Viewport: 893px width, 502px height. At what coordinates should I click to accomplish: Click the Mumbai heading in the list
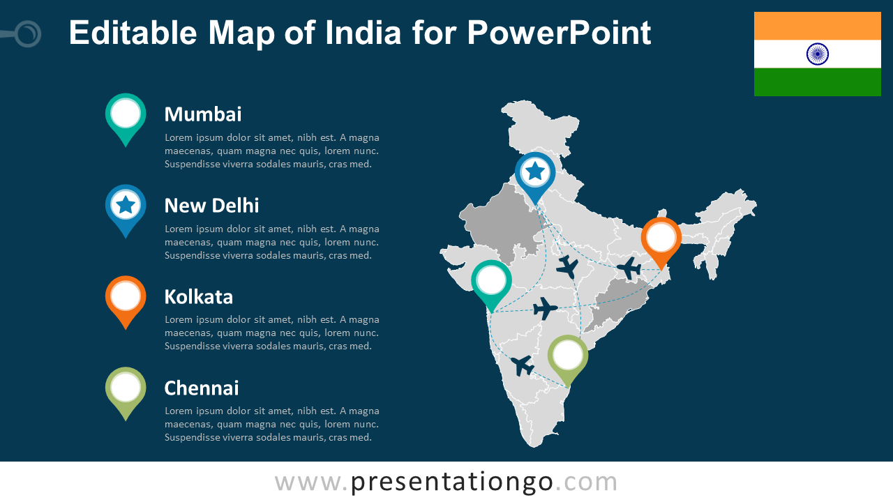coord(202,114)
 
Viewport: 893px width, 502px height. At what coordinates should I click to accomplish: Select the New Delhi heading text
coord(211,206)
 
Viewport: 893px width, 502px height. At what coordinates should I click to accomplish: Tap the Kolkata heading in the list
coord(198,297)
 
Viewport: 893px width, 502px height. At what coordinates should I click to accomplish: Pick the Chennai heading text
coord(201,388)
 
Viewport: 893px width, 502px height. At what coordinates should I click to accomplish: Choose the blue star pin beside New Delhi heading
coord(126,206)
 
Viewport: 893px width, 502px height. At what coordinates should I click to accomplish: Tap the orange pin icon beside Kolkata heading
coord(126,297)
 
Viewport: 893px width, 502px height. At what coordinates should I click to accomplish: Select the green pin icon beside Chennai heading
coord(126,388)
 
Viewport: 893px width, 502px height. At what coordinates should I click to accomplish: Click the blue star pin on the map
coord(535,172)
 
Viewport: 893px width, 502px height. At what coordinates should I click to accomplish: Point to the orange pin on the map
coord(661,238)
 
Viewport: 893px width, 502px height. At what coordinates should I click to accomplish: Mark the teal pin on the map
coord(491,281)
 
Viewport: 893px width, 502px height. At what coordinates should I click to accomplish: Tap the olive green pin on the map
coord(568,356)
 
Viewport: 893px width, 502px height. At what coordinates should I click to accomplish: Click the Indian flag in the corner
coord(817,54)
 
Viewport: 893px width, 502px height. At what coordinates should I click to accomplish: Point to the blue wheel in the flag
coord(817,54)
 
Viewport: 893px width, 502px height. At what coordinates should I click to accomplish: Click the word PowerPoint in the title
coord(559,33)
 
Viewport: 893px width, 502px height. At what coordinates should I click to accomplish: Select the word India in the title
coord(363,33)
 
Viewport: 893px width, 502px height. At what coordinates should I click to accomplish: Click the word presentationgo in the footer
coord(452,482)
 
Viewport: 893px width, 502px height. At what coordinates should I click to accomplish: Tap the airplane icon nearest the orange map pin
coord(630,267)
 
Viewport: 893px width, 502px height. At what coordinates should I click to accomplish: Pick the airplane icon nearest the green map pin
coord(523,365)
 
